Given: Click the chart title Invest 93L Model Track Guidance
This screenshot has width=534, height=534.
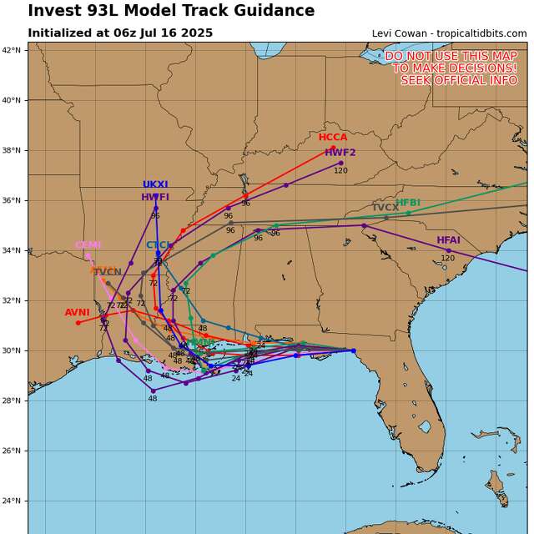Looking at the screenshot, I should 171,11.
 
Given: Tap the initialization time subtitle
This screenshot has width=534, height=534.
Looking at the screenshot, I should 120,33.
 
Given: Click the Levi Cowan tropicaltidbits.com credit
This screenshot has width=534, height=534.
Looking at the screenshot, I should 449,33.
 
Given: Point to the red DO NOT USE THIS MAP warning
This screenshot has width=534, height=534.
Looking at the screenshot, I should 451,68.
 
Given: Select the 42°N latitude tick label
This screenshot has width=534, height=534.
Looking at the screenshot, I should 12,50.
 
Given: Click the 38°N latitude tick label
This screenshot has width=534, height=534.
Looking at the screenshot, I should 12,150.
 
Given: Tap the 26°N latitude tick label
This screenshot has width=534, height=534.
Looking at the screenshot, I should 12,451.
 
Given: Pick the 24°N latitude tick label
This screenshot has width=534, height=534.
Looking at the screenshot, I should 12,501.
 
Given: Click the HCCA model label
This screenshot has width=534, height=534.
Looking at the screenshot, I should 333,138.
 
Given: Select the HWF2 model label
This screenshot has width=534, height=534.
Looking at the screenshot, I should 340,153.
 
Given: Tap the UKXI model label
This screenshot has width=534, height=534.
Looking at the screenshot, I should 155,185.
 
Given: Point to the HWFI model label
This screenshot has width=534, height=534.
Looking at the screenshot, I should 155,198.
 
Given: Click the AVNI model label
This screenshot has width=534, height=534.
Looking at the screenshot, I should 78,313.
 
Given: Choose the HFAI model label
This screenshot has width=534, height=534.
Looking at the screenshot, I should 448,240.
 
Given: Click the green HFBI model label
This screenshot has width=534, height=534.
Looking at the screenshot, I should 408,203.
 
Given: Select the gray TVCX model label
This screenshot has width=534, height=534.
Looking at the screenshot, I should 385,208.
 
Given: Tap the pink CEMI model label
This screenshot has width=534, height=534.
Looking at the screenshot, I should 88,245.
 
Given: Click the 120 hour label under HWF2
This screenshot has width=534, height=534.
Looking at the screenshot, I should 341,171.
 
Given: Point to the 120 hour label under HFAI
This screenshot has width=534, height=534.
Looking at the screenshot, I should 448,259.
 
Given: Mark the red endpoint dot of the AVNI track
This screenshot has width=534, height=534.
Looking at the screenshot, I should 78,323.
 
